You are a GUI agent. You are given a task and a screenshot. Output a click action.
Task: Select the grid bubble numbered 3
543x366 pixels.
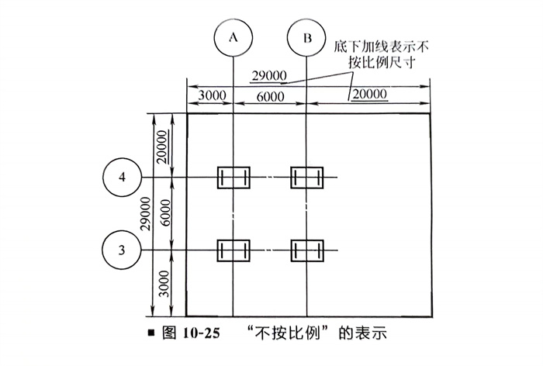[x=122, y=250]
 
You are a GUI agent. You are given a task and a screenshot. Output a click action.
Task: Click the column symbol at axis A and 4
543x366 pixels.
[x=233, y=178]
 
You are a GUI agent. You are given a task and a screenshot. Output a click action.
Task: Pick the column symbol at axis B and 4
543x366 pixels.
[x=307, y=178]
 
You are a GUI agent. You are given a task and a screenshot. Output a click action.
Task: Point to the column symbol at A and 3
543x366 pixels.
[x=233, y=250]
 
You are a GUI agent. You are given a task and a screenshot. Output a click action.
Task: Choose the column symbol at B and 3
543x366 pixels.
[x=307, y=250]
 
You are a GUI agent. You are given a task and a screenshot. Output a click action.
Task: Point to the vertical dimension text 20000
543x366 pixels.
[x=161, y=147]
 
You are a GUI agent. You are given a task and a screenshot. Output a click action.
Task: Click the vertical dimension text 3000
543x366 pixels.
[x=161, y=285]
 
